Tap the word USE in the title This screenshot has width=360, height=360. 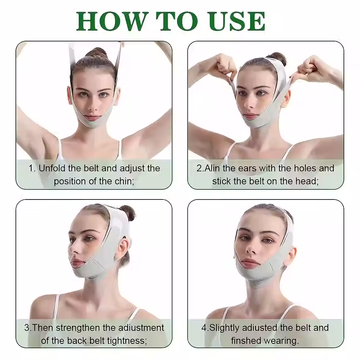(237, 21)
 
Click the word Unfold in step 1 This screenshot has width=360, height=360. (52, 168)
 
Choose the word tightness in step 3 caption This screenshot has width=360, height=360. (129, 341)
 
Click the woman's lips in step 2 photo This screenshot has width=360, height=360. (249, 115)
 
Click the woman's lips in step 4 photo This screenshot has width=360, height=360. (249, 262)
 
